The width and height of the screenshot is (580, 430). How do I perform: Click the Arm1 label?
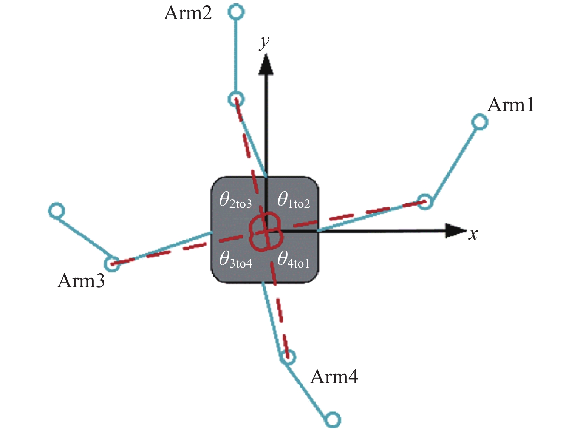(x=510, y=105)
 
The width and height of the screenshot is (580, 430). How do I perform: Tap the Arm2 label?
(x=188, y=13)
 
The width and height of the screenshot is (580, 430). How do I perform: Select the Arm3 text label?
(x=81, y=281)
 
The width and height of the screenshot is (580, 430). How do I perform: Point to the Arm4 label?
(x=334, y=377)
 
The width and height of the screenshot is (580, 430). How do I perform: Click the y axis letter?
(x=264, y=43)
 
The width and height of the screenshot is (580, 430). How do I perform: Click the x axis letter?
(x=473, y=234)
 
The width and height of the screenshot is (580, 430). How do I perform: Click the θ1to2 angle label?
(x=294, y=200)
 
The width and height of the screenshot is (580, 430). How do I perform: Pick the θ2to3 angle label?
(x=236, y=200)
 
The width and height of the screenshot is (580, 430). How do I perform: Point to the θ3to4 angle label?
(x=236, y=260)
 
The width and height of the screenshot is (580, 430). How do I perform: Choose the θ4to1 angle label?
(x=293, y=260)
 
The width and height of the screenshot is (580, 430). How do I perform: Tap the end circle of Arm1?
(x=480, y=122)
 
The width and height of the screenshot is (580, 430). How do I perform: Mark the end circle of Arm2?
(x=236, y=11)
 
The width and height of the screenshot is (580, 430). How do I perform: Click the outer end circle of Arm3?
(x=56, y=210)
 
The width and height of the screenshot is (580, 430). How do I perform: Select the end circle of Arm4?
(x=333, y=419)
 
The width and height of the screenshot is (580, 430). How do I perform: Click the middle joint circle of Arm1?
(x=425, y=202)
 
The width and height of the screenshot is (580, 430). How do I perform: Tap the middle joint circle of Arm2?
(x=236, y=99)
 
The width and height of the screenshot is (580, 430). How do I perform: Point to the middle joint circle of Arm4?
(x=288, y=357)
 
